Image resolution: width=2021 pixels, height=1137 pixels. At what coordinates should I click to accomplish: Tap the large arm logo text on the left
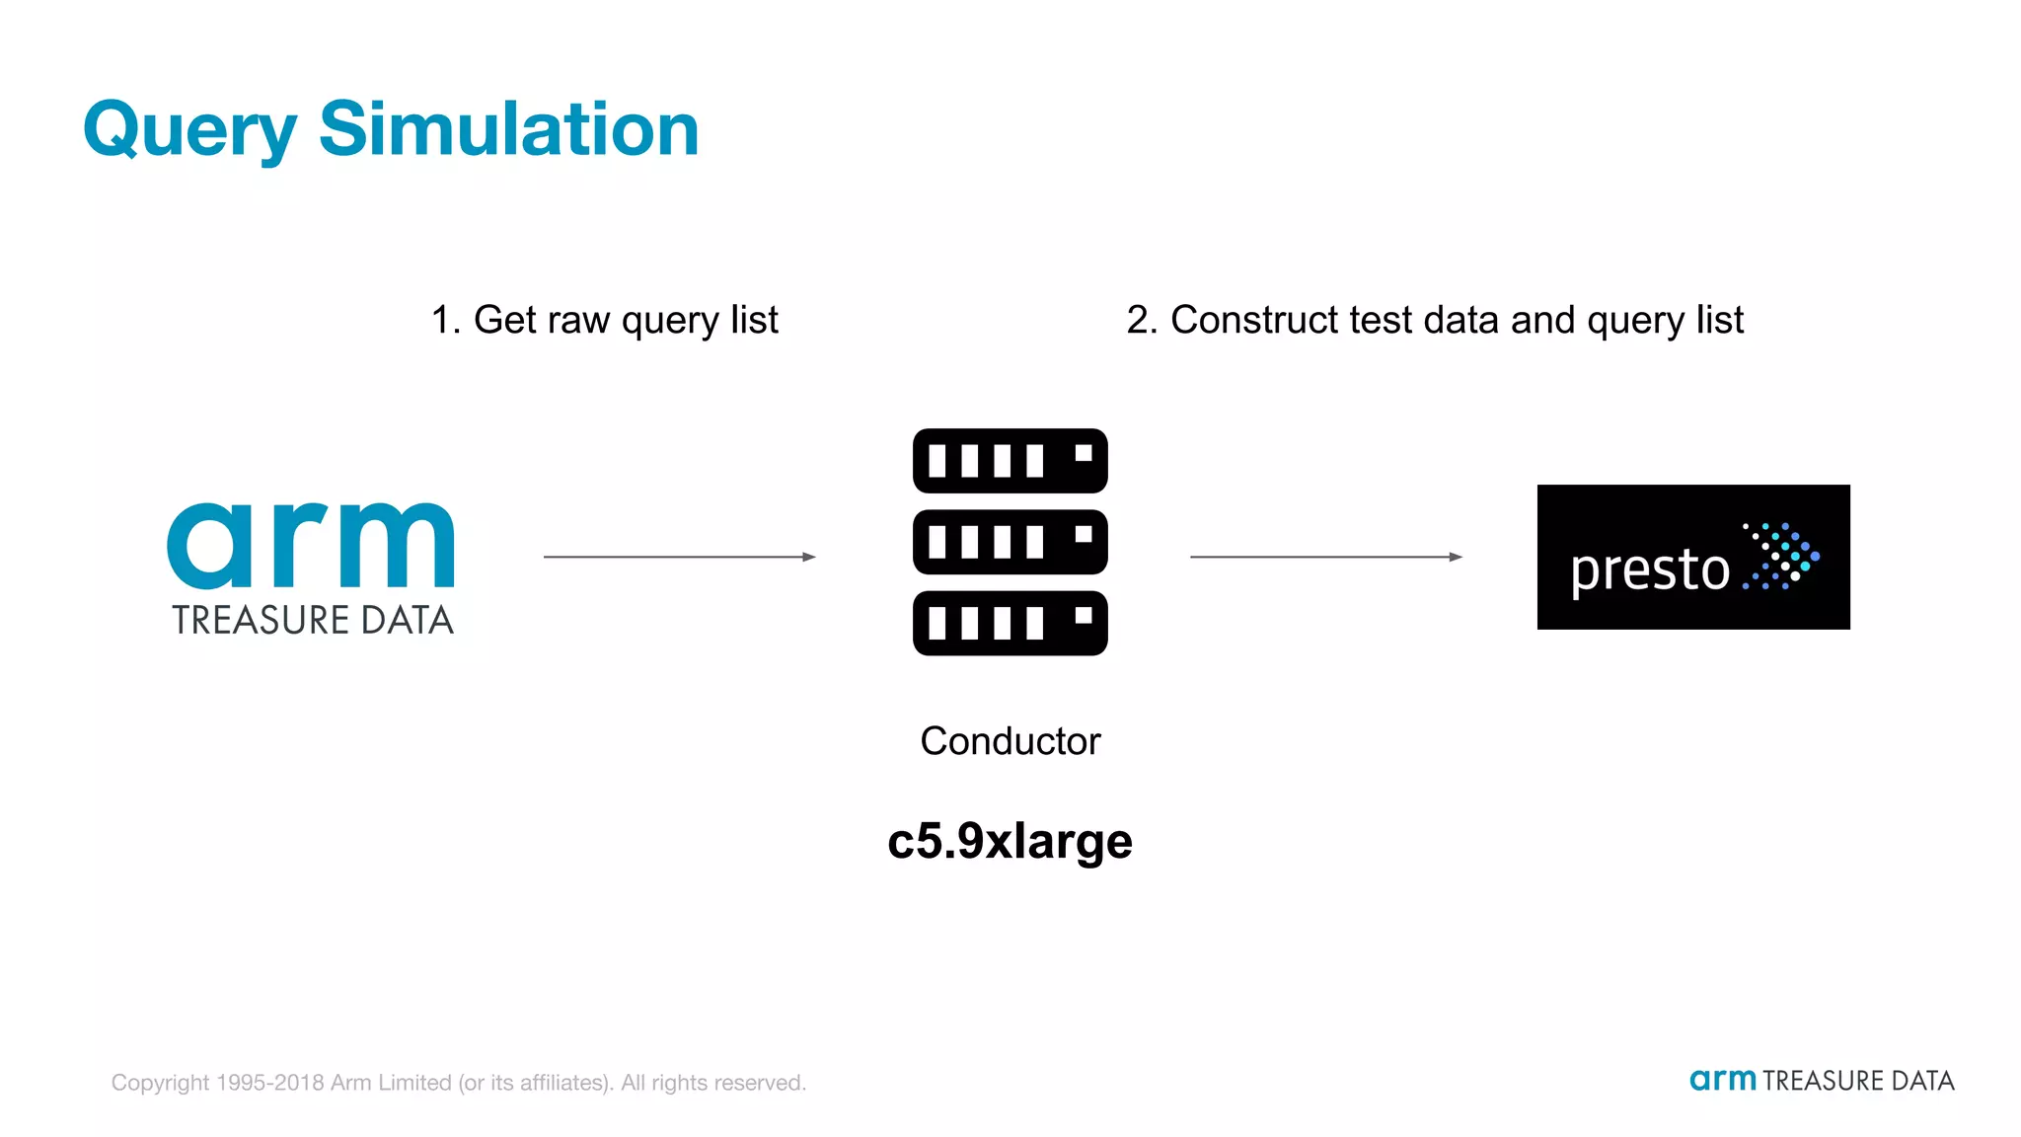click(311, 545)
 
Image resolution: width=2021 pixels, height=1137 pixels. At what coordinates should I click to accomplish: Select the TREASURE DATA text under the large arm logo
click(313, 621)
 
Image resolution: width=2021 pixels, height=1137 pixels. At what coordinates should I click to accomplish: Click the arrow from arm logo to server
click(679, 557)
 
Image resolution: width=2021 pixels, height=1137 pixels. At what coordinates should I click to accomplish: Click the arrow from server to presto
click(1325, 557)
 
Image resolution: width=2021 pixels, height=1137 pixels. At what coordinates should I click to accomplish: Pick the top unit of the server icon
click(1010, 461)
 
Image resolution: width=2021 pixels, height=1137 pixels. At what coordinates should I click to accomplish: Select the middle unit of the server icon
click(1010, 542)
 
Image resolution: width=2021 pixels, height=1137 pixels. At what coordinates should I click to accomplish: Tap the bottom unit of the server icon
click(1010, 623)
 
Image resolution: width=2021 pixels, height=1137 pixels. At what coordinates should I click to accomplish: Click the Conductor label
click(1010, 741)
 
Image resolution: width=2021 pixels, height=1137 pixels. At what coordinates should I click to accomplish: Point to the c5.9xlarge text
click(1010, 841)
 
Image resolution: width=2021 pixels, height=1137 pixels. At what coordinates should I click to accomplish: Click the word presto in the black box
click(1649, 570)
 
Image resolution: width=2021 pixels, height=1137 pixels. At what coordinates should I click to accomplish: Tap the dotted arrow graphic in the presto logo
click(1781, 556)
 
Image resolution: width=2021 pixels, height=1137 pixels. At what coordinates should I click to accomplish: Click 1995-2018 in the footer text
click(269, 1083)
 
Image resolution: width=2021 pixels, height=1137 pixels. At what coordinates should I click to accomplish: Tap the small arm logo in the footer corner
click(1722, 1081)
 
